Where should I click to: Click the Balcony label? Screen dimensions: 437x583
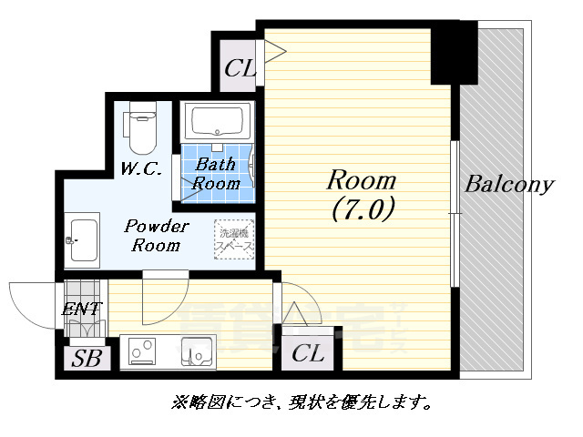(x=509, y=185)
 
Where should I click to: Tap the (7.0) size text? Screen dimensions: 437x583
(x=363, y=209)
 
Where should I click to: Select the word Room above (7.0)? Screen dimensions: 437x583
(x=363, y=178)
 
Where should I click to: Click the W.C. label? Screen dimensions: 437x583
(x=141, y=168)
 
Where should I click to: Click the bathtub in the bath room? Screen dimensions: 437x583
(x=217, y=121)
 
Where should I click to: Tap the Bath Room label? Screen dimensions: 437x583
(x=218, y=174)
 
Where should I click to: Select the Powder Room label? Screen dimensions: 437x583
(x=156, y=235)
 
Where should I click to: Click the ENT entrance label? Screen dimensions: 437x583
(x=83, y=310)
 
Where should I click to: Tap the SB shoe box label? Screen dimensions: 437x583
(x=88, y=357)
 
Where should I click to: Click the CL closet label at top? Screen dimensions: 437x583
(x=240, y=69)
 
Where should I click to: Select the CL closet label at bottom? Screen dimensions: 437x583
(x=309, y=353)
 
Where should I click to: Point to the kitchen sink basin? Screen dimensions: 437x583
(x=196, y=350)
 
